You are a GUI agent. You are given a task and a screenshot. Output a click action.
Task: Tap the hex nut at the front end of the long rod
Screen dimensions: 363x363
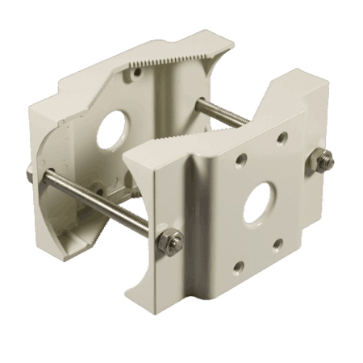click(x=169, y=240)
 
